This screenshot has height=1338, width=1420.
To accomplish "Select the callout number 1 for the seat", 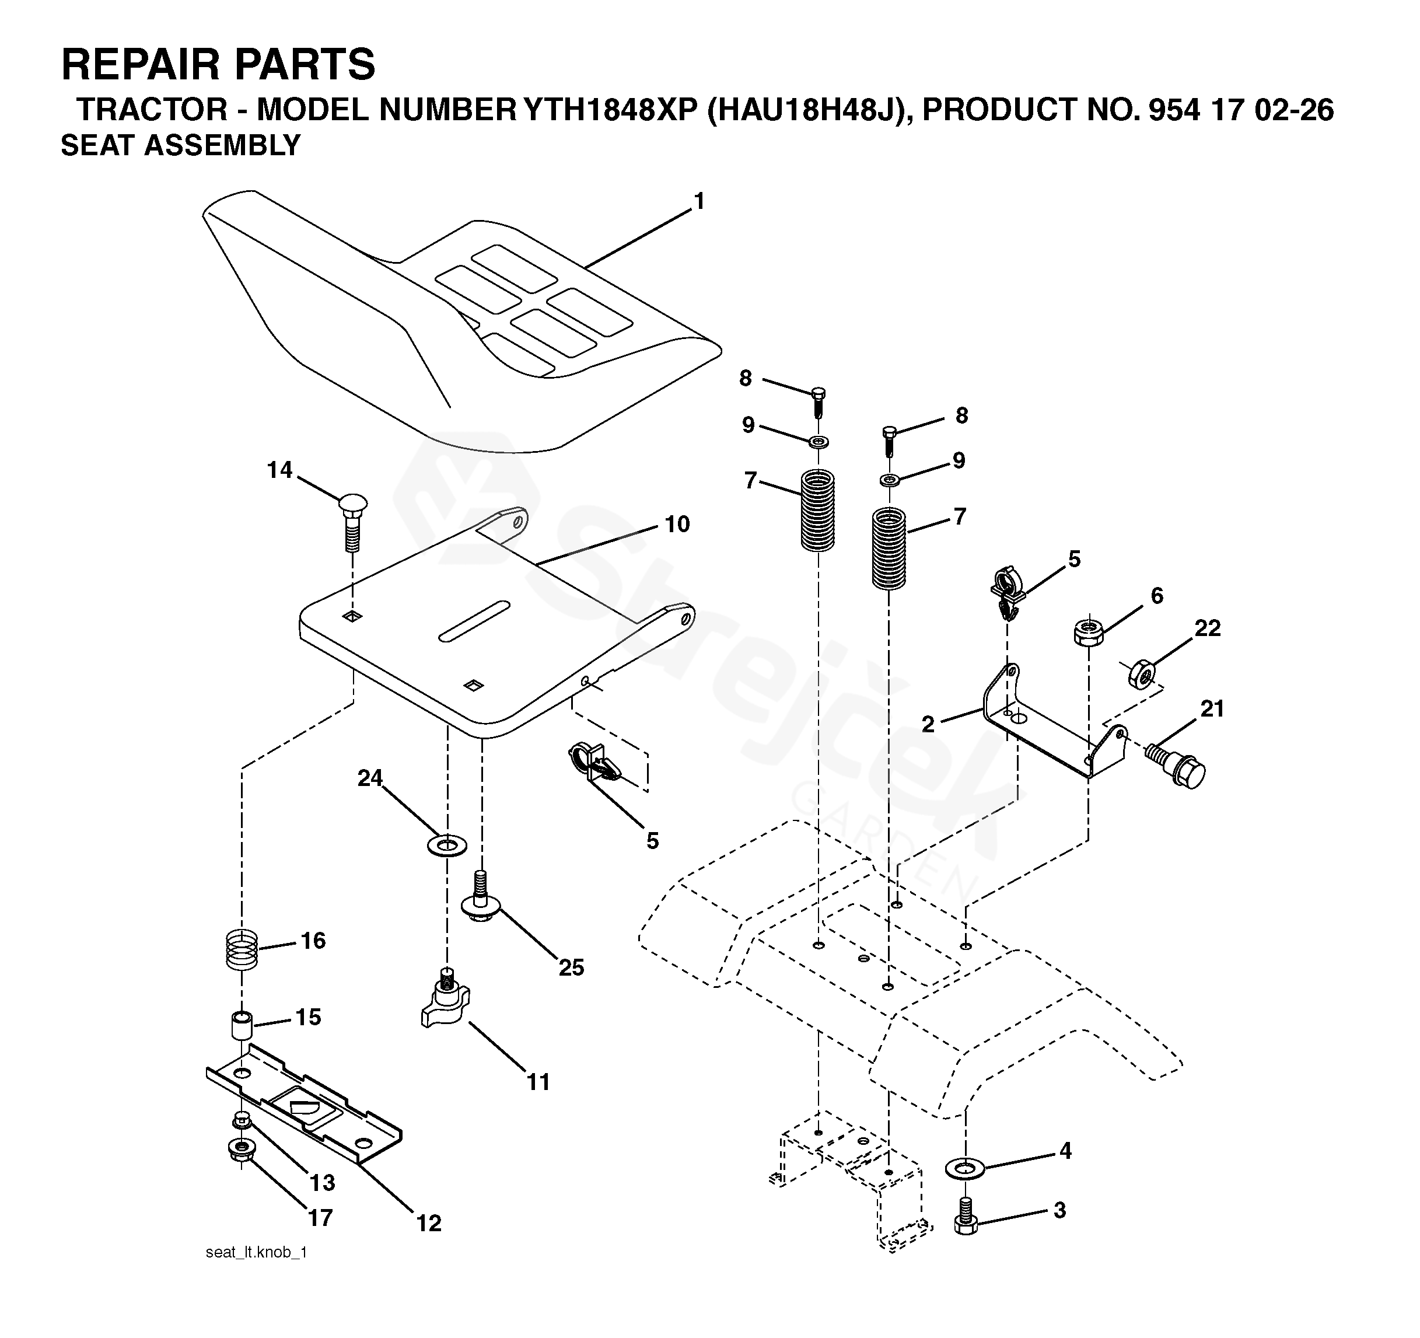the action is [x=699, y=202].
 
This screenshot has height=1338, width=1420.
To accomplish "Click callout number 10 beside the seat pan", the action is [x=677, y=525].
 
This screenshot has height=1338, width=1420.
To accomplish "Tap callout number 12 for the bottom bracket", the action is [x=429, y=1224].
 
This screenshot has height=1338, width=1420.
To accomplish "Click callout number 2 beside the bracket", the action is [x=928, y=724].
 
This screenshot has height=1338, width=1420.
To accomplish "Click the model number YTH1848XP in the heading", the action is [x=610, y=110].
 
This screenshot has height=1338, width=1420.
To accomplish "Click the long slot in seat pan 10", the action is [x=474, y=621].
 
